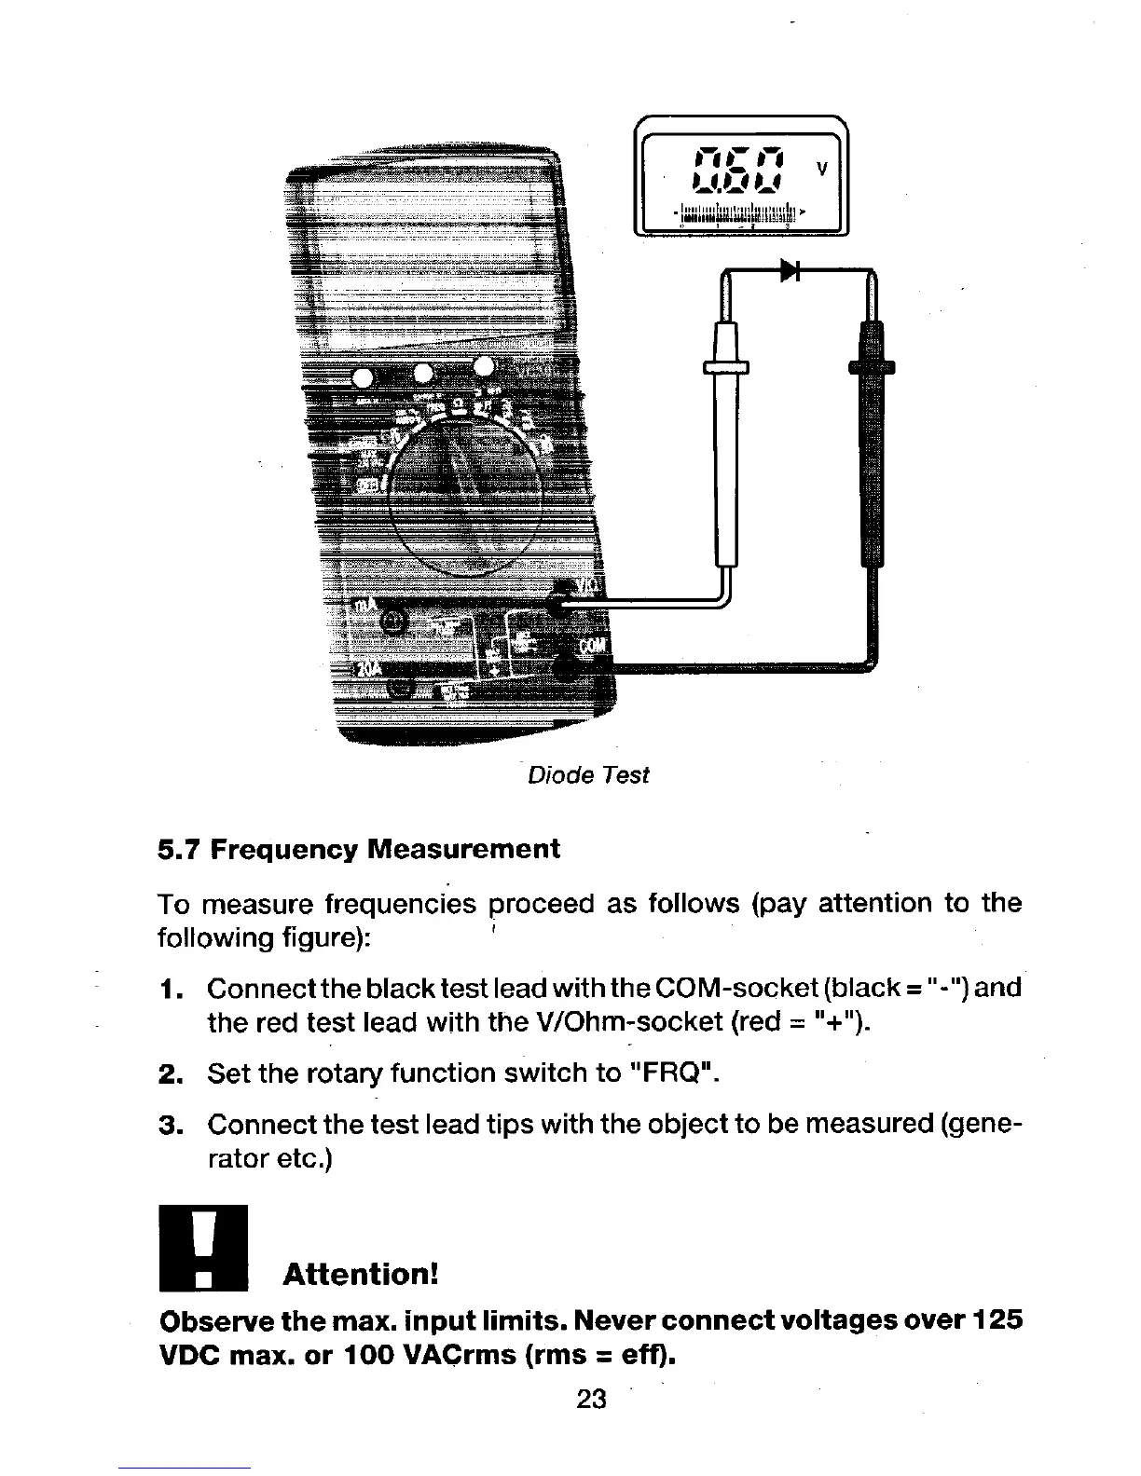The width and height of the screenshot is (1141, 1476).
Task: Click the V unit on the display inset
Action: [x=821, y=168]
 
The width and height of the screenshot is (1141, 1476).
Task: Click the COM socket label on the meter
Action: [x=593, y=647]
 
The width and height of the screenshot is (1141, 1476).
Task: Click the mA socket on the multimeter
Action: [x=393, y=620]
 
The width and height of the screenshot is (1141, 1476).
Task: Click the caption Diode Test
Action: [x=588, y=774]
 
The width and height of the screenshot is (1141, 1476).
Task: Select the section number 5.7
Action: [x=179, y=849]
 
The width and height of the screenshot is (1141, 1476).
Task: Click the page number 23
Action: [x=592, y=1399]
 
